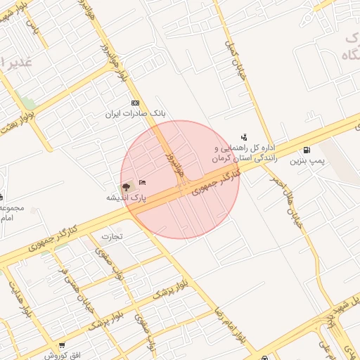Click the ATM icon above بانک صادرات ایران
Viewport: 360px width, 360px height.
coord(136,103)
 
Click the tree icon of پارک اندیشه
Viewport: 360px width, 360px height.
coord(127,187)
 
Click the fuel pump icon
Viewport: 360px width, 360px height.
coord(307,150)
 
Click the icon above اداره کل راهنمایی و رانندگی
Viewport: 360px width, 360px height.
coord(244,137)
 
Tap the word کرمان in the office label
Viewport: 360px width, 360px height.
coord(225,160)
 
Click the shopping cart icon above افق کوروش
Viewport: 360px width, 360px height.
coord(62,345)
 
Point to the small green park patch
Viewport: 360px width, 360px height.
coord(28,103)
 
